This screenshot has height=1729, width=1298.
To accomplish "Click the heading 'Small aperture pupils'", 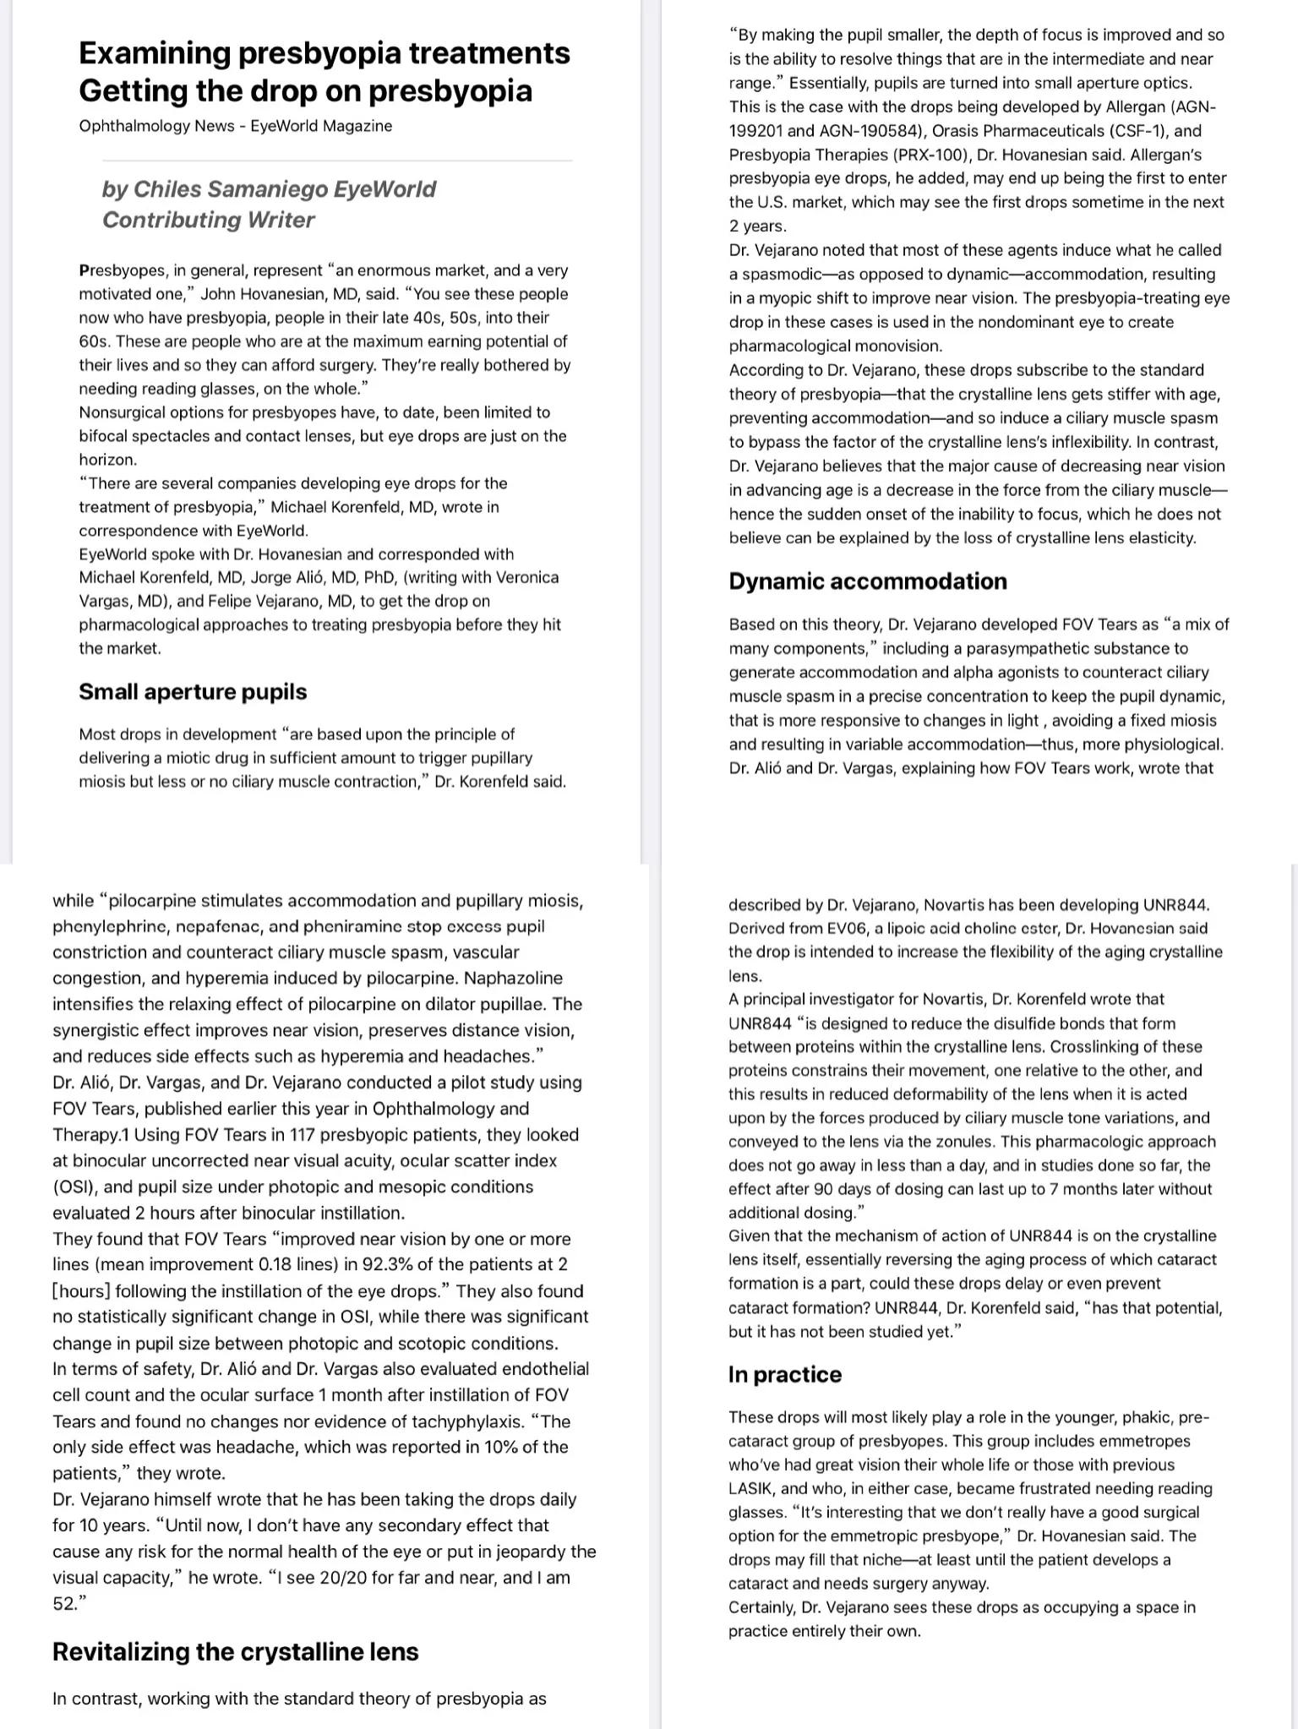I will point(193,691).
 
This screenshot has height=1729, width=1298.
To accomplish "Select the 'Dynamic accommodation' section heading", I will point(868,581).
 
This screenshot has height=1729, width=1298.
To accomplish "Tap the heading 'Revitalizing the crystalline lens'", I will point(235,1651).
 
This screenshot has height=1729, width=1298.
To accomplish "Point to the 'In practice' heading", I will point(784,1374).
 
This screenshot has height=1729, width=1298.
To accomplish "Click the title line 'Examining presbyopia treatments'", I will point(324,52).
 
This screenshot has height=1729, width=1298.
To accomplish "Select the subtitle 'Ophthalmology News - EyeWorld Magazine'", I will point(235,126).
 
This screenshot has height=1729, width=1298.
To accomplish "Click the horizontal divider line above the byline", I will point(336,160).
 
